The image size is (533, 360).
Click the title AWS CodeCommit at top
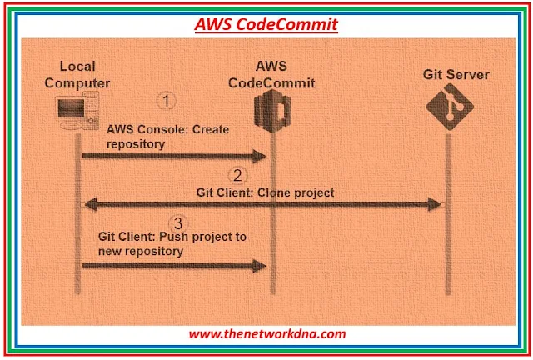(x=266, y=24)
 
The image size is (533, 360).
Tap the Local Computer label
(x=77, y=74)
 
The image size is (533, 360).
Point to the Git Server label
(x=456, y=75)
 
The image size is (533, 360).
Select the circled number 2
(x=237, y=175)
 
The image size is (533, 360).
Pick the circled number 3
(x=177, y=222)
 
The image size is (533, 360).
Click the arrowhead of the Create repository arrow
(x=259, y=155)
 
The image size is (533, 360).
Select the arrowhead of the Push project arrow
(x=259, y=266)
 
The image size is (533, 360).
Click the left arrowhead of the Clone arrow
(x=86, y=204)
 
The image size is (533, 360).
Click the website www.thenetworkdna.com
(x=266, y=333)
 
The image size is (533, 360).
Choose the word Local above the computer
(x=77, y=67)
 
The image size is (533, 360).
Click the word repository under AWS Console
(x=136, y=143)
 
